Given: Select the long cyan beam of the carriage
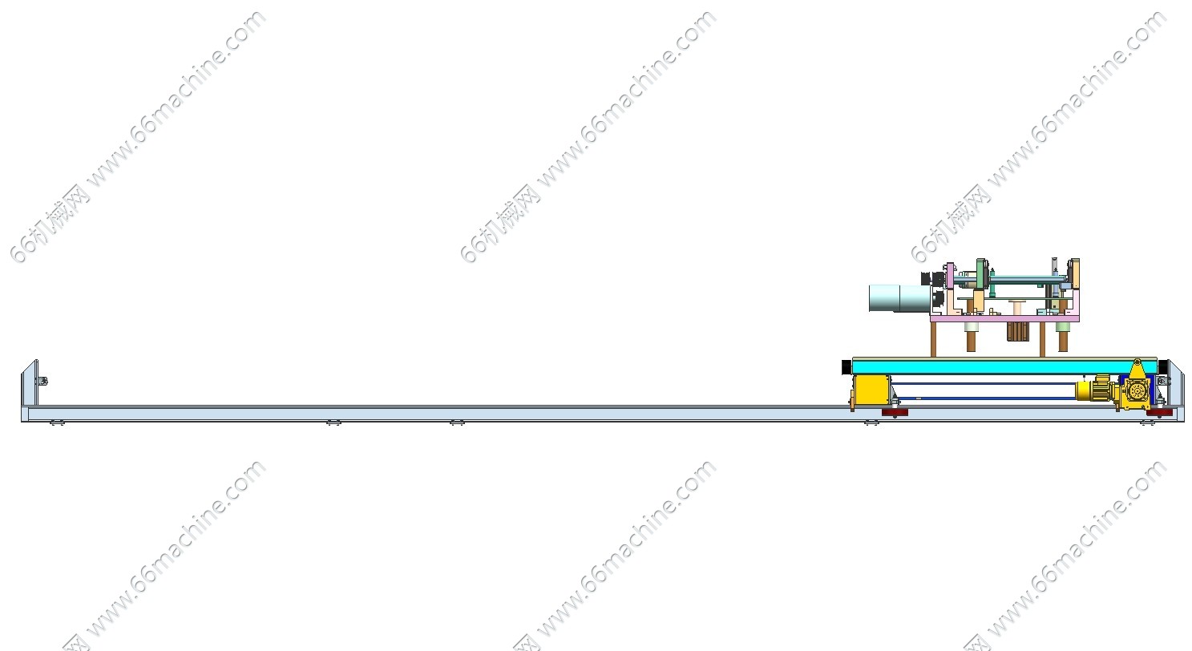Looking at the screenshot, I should click(x=1002, y=366).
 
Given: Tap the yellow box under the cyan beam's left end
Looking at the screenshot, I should click(x=870, y=392).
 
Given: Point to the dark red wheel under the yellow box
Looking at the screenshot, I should click(x=895, y=412).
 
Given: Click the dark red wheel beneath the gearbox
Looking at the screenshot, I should click(x=1159, y=412).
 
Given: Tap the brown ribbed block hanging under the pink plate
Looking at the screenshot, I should click(x=1017, y=331).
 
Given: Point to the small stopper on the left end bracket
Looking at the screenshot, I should click(x=42, y=381).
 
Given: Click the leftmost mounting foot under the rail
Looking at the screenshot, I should click(x=56, y=423).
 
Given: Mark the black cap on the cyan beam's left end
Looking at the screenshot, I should click(x=847, y=366).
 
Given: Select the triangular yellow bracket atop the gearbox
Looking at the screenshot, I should click(x=1137, y=370).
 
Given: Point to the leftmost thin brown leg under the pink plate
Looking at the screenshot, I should click(x=933, y=338).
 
